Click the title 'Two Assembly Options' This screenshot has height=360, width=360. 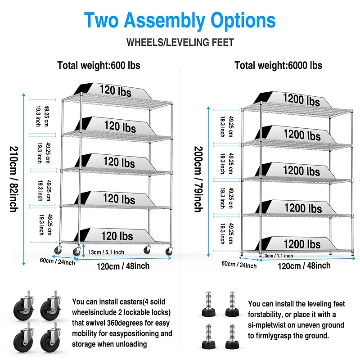click(180, 20)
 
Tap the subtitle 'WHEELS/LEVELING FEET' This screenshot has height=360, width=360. click(180, 42)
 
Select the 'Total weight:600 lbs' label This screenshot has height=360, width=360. click(99, 65)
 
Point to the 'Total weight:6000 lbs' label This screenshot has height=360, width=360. click(278, 65)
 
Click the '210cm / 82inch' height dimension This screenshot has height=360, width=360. click(14, 179)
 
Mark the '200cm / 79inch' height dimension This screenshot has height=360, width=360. click(198, 179)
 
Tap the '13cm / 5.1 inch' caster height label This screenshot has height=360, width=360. click(106, 252)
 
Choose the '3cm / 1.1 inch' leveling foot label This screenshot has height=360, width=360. click(279, 256)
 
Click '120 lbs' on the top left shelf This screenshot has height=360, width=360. click(116, 91)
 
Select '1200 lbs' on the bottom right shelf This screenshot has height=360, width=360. click(302, 244)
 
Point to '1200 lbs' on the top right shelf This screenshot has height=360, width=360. click(301, 99)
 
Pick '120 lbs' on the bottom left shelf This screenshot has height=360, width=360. click(117, 236)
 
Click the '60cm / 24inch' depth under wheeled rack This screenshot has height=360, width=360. click(58, 261)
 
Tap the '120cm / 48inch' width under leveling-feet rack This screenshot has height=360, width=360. click(304, 266)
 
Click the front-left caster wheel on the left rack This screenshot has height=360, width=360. click(76, 252)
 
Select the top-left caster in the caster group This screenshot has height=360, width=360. click(24, 306)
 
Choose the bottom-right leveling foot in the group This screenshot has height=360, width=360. click(232, 336)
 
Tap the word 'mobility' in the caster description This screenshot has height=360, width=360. click(84, 333)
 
